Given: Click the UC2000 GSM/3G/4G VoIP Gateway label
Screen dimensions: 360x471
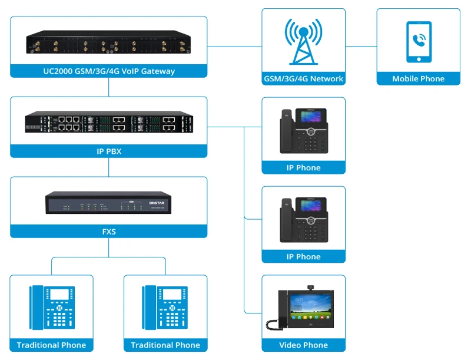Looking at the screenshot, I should pos(109,71).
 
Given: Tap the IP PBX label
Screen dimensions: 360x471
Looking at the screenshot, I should pos(109,151).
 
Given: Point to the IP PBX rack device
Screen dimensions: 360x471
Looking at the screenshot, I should pos(109,123).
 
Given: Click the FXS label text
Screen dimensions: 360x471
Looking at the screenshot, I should pos(109,232).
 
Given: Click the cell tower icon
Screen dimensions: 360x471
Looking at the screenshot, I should pos(303,42).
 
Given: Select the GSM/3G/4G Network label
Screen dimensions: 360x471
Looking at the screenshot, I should pos(303,79).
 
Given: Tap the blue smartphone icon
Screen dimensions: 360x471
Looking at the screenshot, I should pos(419,42).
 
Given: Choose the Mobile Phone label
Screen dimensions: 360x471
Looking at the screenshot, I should pos(419,79).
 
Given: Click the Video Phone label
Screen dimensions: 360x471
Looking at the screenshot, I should pos(303,345).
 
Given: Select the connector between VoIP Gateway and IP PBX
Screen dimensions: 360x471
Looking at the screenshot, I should pos(109,87).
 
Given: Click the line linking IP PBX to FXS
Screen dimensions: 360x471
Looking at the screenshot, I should pos(109,167).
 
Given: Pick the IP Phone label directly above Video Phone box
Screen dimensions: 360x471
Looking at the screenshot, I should pos(303,257).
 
